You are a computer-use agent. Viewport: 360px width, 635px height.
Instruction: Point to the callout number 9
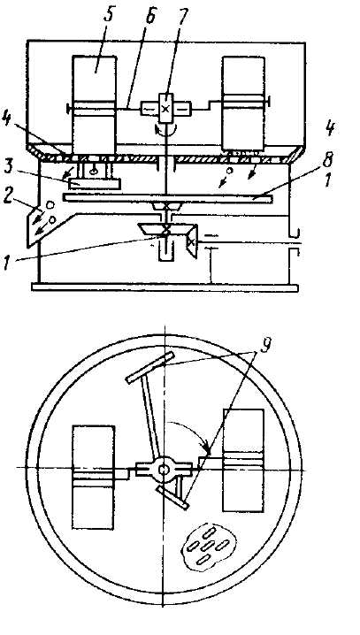265,346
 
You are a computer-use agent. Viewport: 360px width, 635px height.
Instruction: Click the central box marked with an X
166,108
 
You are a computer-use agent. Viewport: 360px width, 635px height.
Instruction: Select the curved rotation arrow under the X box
166,130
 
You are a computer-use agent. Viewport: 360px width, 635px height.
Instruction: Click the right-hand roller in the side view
244,104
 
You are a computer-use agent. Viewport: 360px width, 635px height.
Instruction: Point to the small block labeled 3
95,184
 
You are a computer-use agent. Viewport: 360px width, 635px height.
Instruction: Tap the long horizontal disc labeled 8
168,198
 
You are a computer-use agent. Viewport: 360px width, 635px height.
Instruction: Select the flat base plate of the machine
165,288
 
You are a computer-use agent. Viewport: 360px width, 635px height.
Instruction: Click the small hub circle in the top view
164,469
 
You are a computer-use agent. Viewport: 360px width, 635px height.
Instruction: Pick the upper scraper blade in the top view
150,367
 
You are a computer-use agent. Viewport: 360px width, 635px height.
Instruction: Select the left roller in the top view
94,477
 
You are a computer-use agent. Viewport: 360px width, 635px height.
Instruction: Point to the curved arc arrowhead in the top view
207,448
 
